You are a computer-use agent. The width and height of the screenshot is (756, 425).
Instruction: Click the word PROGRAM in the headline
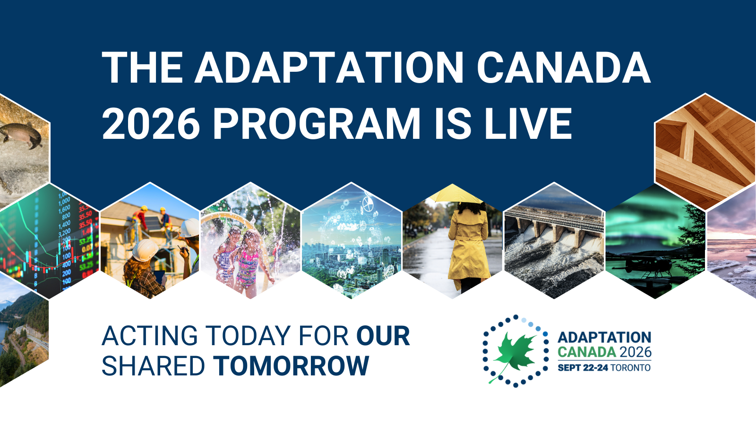click(316, 123)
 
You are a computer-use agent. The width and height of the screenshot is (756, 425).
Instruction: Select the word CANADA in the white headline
click(564, 68)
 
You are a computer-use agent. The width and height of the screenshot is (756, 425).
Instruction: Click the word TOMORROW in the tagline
click(291, 365)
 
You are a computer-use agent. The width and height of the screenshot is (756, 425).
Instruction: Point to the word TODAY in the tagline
click(249, 336)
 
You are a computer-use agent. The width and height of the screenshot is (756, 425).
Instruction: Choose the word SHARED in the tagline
click(153, 365)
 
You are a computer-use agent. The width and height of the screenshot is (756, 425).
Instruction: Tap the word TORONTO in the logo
click(630, 367)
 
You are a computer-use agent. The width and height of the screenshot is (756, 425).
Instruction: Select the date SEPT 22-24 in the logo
click(583, 367)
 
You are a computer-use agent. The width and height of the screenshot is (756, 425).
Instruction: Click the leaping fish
click(21, 135)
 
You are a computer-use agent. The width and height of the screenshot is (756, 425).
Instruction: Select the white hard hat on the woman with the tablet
click(145, 250)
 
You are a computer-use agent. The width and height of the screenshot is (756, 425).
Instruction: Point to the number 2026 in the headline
click(151, 123)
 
